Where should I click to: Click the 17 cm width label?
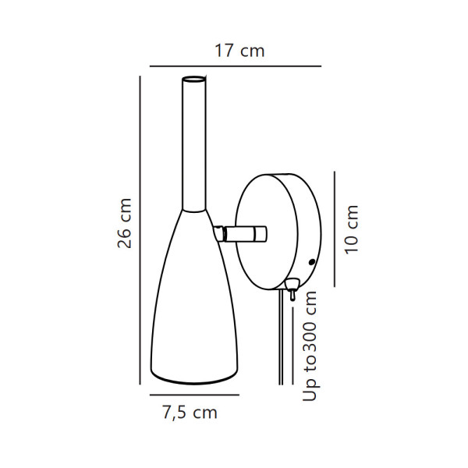click(x=239, y=51)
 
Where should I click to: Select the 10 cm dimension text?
click(x=353, y=229)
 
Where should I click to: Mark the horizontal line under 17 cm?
click(x=235, y=66)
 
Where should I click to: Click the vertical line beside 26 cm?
click(x=140, y=230)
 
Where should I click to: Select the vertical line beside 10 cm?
click(x=333, y=229)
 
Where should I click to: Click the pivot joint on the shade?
click(x=221, y=233)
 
